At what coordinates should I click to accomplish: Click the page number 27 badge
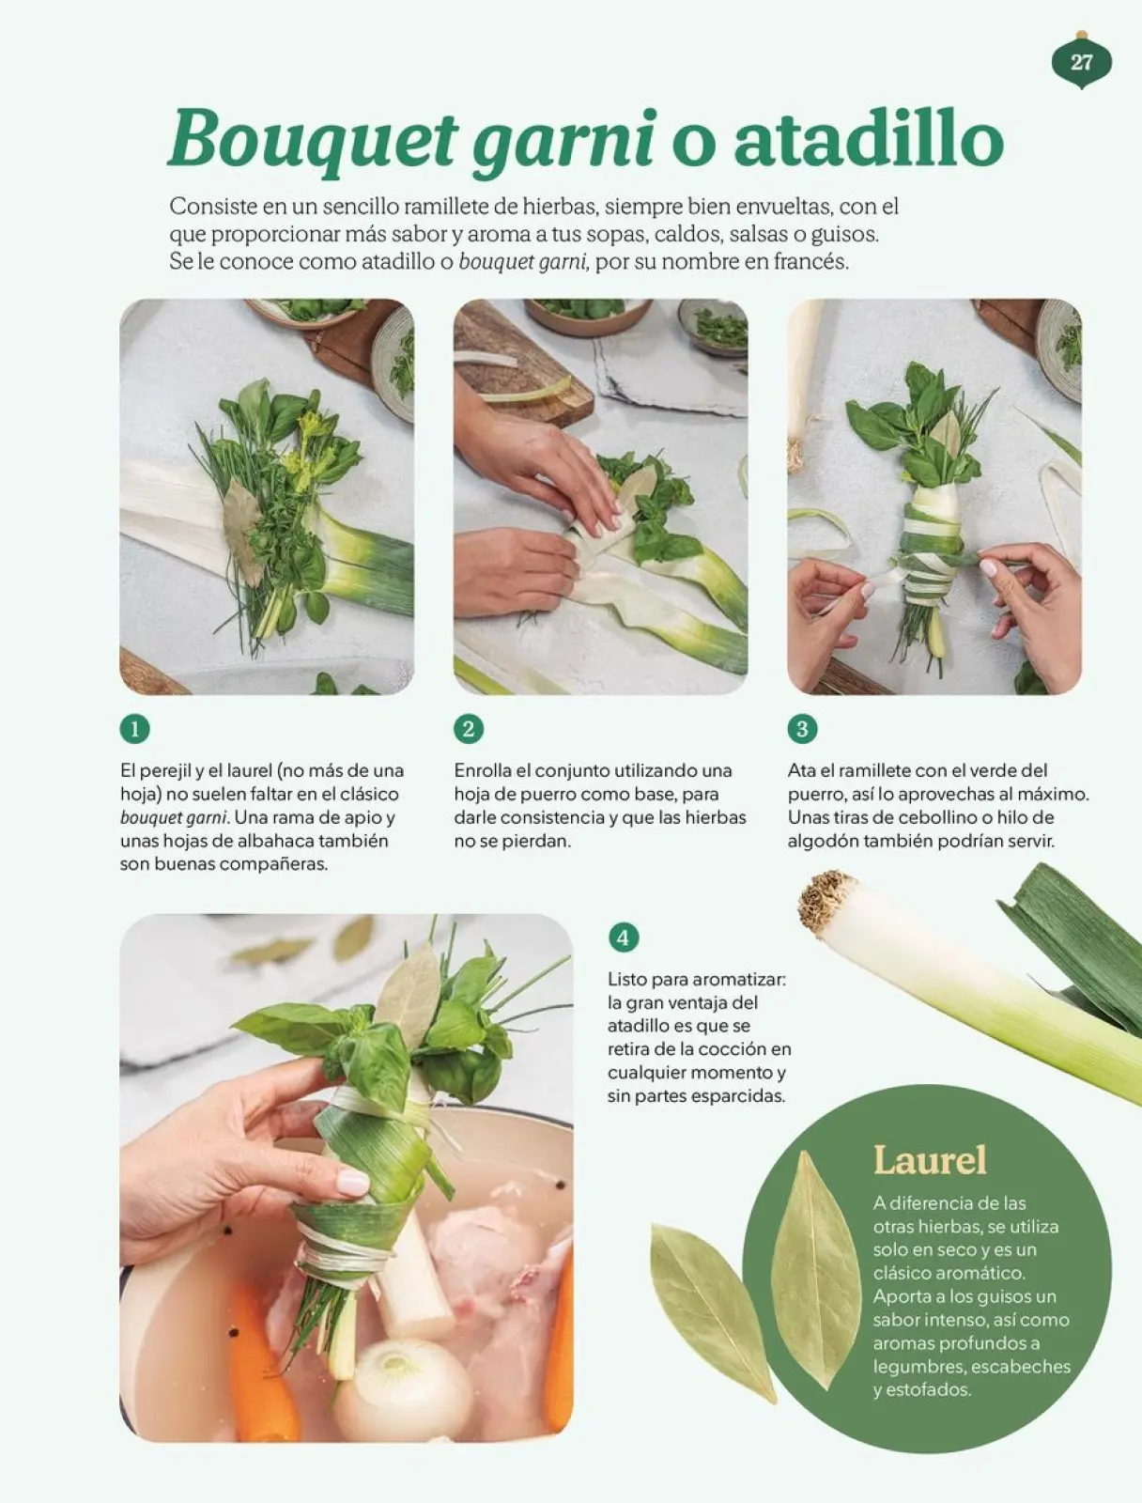[1081, 62]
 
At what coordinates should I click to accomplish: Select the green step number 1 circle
[135, 729]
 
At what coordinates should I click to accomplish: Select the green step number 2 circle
[469, 729]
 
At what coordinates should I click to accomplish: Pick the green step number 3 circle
[802, 729]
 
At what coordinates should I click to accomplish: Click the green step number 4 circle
[623, 937]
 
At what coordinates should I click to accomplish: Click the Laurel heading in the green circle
[930, 1160]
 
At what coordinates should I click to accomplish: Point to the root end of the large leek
[826, 902]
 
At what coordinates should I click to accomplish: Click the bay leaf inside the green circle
[815, 1268]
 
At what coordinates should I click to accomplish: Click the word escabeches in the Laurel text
[1021, 1367]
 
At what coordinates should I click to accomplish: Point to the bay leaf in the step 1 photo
[241, 526]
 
